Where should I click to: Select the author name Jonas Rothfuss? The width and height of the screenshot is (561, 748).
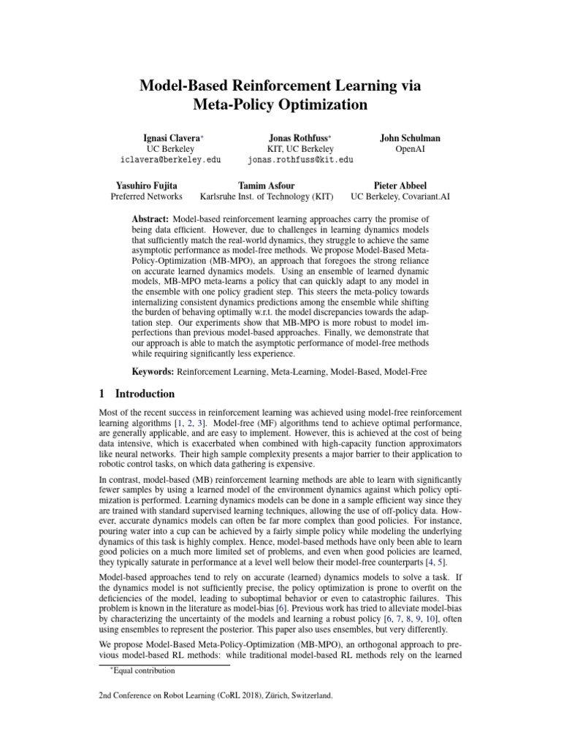tap(299, 137)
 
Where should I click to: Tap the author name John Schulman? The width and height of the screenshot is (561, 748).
tap(410, 137)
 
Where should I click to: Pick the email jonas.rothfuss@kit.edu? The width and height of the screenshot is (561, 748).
tap(300, 159)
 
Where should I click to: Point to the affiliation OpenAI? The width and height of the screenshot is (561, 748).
tap(410, 148)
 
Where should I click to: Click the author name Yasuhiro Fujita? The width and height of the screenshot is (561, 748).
tap(146, 186)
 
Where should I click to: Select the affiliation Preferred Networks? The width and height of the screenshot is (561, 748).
tap(146, 196)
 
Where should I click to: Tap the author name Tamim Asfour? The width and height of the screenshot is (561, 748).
tap(267, 186)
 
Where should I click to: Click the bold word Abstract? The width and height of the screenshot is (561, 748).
tap(150, 219)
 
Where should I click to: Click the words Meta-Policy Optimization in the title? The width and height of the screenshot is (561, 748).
tap(280, 105)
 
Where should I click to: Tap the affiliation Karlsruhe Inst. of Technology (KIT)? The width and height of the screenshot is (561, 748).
tap(267, 196)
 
